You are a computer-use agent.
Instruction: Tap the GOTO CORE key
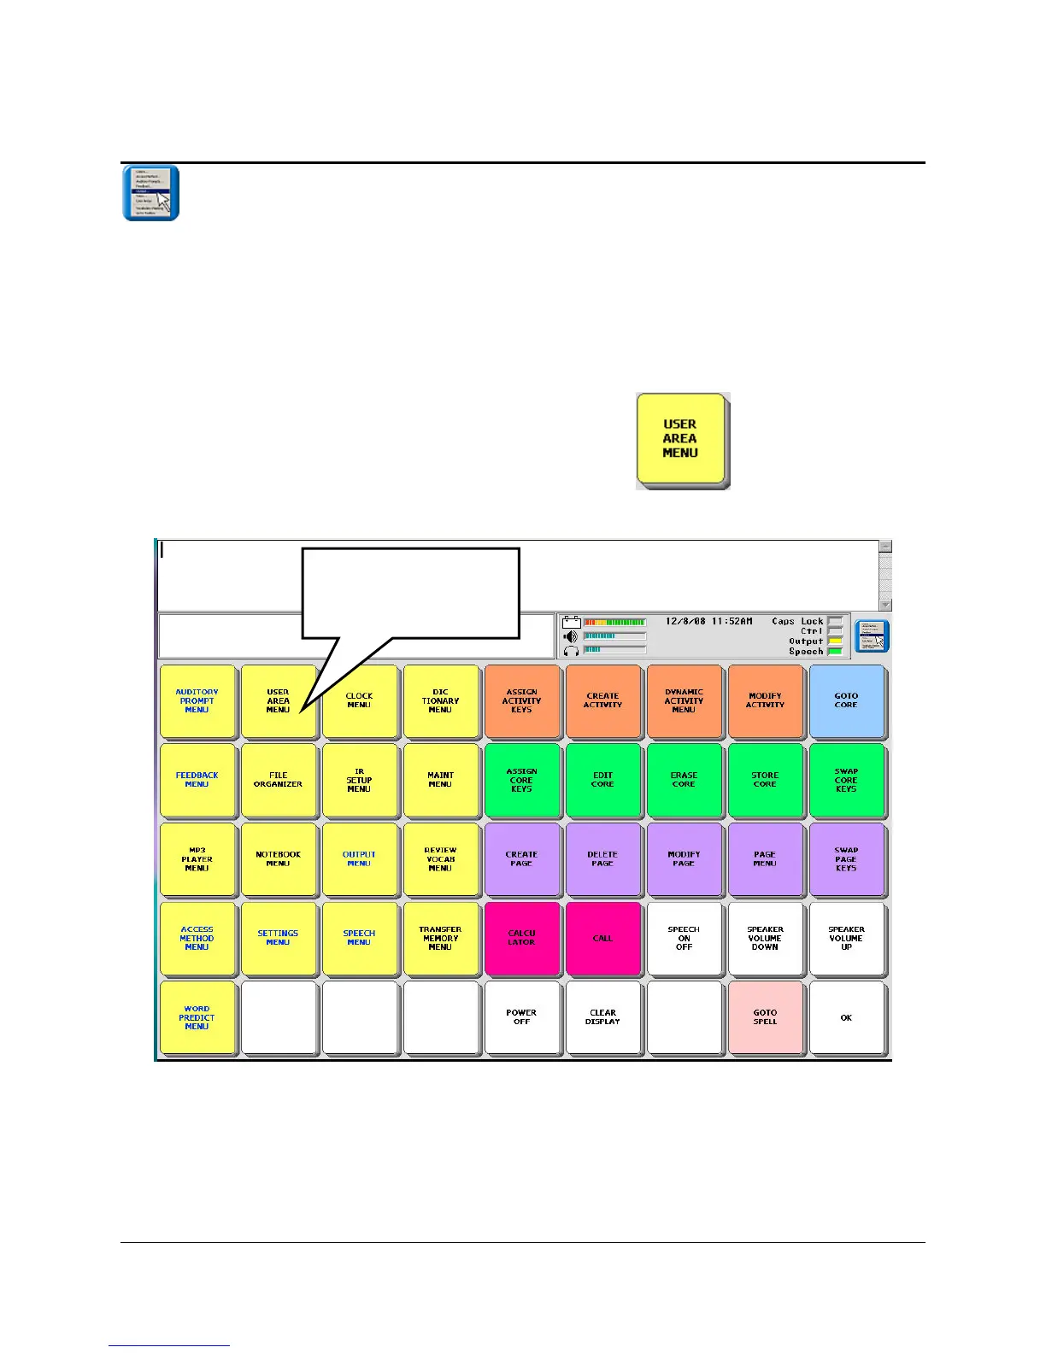[846, 700]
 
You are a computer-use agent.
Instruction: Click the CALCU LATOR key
[521, 938]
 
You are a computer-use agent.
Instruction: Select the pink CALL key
[602, 938]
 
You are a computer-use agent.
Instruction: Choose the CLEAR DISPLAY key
[602, 1017]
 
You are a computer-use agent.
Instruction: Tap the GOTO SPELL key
[765, 1017]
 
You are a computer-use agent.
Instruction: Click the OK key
[846, 1017]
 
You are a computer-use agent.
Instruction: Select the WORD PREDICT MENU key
[197, 1017]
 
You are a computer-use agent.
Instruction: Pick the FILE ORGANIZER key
[278, 780]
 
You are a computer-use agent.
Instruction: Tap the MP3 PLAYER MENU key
[197, 859]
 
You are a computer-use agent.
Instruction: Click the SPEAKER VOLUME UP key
[846, 938]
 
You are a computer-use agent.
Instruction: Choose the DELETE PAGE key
[602, 859]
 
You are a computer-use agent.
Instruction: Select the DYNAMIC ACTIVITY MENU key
[684, 700]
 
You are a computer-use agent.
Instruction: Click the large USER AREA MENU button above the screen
[681, 439]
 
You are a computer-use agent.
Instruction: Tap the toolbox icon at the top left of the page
[150, 193]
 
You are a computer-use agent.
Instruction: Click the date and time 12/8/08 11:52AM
[708, 622]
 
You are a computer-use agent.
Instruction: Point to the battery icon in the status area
[572, 623]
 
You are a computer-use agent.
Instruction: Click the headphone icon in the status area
[572, 650]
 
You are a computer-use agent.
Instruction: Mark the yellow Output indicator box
[835, 641]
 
